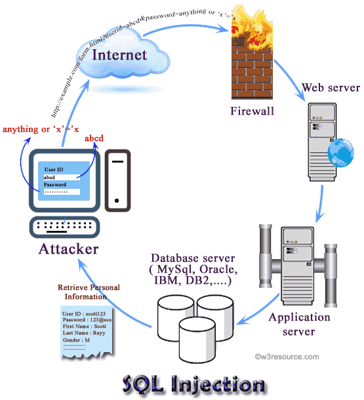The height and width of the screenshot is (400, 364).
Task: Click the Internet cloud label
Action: click(x=119, y=54)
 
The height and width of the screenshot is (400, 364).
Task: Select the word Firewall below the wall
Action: click(x=251, y=111)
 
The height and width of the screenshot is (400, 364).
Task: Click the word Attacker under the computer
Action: click(x=69, y=249)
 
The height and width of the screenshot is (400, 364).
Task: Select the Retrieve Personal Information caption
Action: click(x=87, y=291)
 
